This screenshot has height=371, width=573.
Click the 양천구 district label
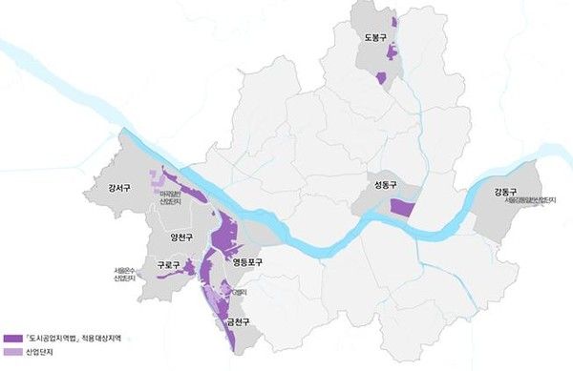pos(181,237)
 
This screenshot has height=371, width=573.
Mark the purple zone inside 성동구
pos(403,208)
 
